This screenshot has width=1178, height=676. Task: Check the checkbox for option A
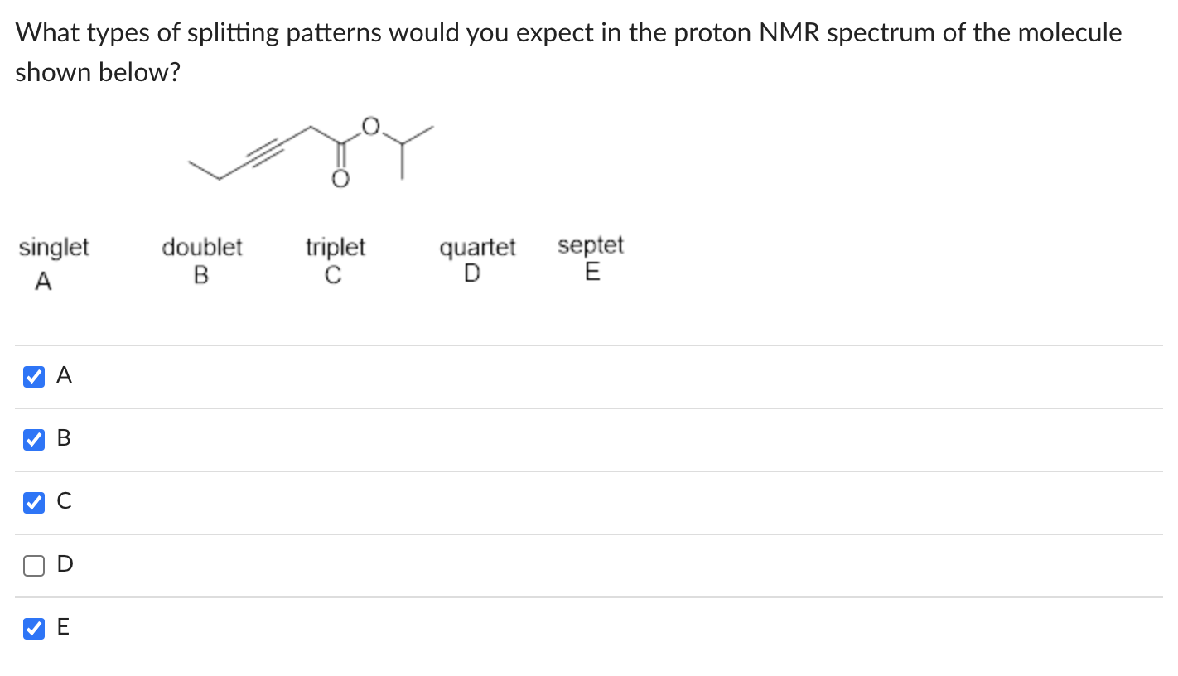33,377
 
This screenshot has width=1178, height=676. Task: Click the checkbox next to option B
33,440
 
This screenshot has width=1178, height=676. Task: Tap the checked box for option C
33,503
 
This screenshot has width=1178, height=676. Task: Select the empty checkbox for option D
33,566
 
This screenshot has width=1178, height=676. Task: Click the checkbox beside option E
33,629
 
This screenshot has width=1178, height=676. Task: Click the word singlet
54,248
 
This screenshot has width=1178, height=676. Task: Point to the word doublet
202,248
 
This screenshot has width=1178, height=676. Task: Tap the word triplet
336,248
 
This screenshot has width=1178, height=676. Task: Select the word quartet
477,248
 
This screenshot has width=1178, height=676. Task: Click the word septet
591,246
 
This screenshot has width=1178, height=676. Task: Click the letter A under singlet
43,282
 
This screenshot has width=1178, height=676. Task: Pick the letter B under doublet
201,274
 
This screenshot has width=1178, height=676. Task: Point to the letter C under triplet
333,274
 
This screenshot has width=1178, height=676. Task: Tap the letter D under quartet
471,273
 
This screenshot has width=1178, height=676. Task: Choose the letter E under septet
591,272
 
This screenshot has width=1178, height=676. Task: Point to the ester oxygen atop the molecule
370,126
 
